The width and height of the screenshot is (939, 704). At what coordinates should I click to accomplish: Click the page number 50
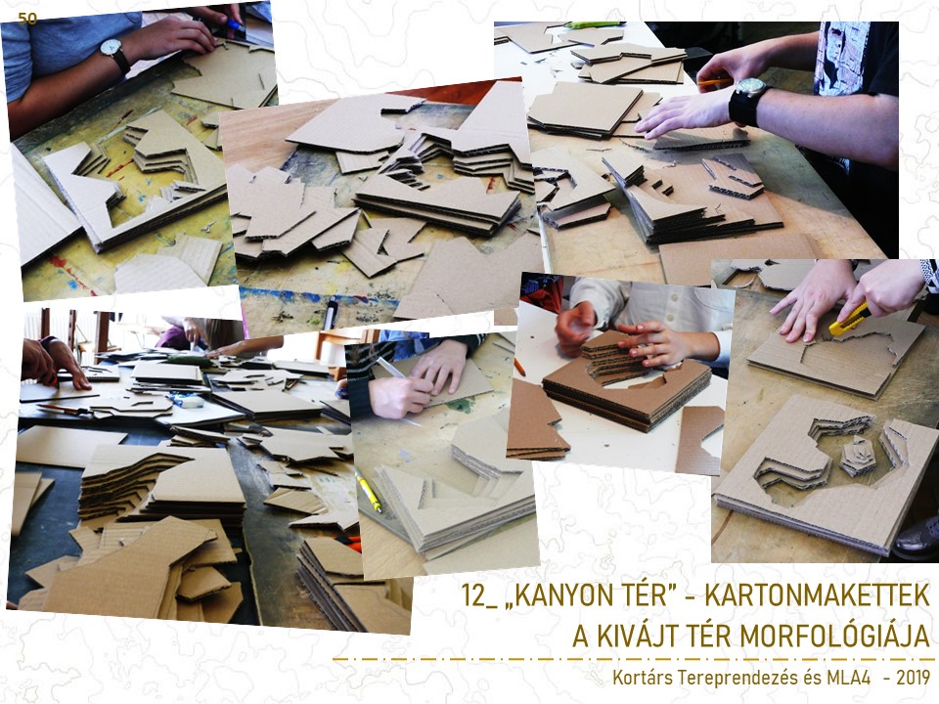click(x=27, y=19)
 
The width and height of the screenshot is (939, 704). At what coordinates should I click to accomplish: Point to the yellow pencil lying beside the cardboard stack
click(x=368, y=490)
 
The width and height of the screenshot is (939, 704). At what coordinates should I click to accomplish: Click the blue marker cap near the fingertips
click(x=236, y=25)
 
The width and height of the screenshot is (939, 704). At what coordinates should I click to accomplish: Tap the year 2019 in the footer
click(x=914, y=678)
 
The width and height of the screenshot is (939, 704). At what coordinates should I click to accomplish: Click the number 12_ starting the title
click(x=479, y=595)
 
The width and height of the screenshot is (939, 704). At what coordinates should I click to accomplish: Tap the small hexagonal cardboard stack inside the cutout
click(x=857, y=456)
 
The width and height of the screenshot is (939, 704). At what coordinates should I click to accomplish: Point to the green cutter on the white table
click(x=593, y=25)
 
